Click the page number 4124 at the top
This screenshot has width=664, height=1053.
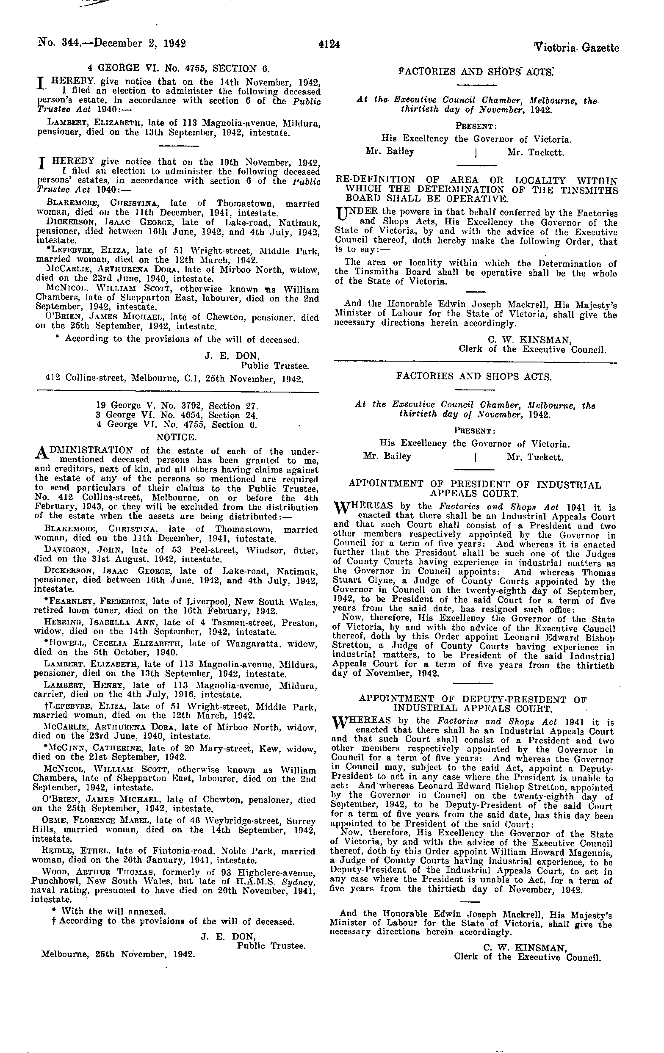(x=329, y=44)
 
